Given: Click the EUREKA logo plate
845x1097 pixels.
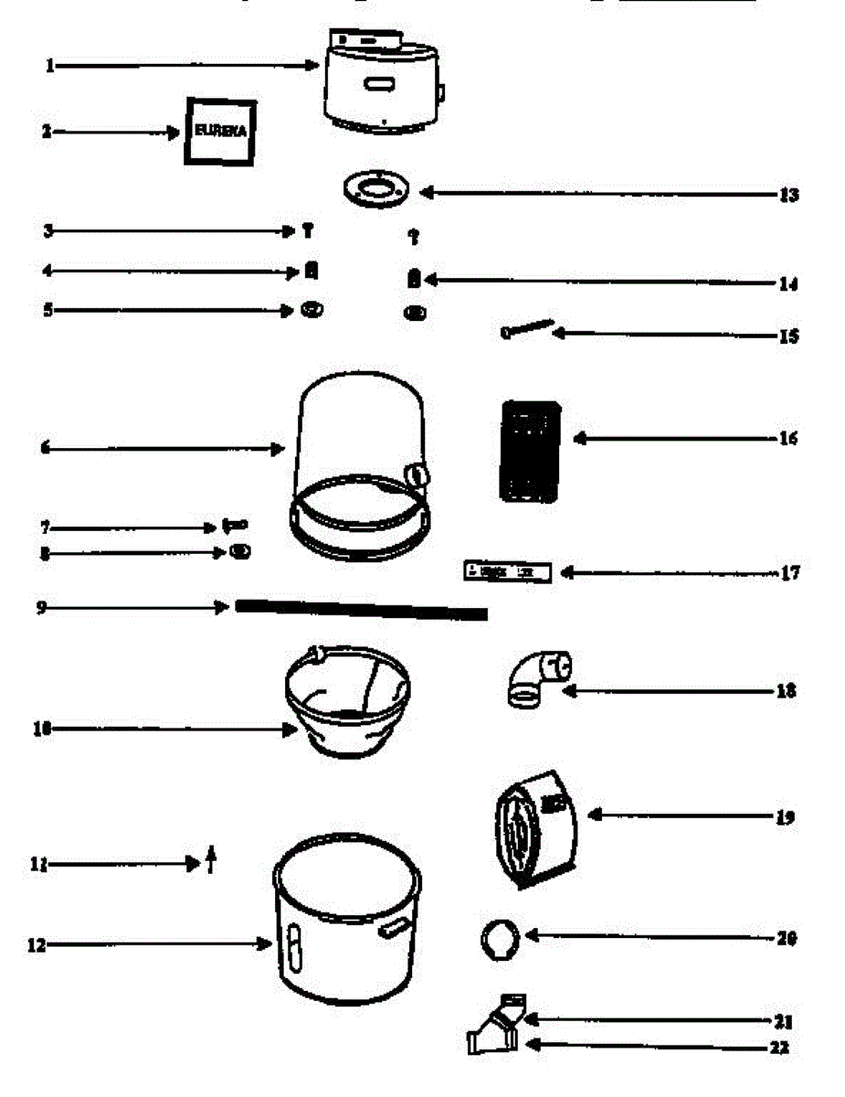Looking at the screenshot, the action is click(220, 131).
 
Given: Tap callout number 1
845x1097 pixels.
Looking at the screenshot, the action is click(51, 66).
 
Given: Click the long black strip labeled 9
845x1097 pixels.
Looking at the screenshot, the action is click(361, 610).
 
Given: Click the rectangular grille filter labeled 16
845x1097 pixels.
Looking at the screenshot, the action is click(530, 451).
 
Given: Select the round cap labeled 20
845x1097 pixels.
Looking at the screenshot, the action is click(500, 939).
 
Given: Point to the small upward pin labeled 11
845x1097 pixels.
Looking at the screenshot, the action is click(211, 859).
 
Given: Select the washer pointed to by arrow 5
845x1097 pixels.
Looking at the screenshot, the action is click(312, 310).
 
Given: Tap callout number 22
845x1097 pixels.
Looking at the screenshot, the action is click(778, 1048).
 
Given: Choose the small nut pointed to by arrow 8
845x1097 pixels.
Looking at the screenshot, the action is click(240, 552).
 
